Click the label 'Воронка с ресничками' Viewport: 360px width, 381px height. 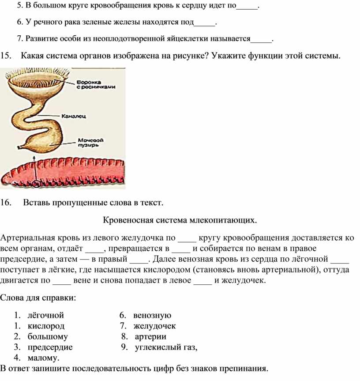(96, 84)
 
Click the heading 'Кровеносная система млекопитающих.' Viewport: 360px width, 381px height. (180, 219)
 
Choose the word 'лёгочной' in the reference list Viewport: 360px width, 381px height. (45, 315)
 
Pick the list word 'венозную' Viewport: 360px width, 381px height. (152, 315)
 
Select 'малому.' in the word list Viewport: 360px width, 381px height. (43, 358)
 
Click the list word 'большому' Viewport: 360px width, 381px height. (48, 336)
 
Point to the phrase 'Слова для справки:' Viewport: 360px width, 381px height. (38, 297)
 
